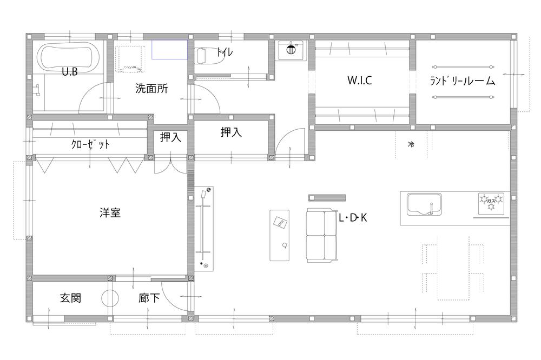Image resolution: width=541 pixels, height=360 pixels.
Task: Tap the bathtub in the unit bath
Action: coord(69,56)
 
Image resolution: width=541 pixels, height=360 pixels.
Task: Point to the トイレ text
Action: coord(225,53)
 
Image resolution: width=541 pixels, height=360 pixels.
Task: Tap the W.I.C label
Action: coord(359,81)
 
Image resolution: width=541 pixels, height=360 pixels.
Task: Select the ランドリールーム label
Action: coord(463,81)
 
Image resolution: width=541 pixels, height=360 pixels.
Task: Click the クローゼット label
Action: coord(90,144)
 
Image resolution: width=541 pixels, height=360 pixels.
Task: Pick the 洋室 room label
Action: coord(110,213)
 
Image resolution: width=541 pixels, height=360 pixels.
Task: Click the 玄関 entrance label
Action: coord(70,298)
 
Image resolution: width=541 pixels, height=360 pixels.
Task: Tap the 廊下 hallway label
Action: coord(149,298)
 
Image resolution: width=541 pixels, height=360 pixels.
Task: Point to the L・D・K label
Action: coord(353,218)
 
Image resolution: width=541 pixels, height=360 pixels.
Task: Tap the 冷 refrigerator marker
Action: coord(411,144)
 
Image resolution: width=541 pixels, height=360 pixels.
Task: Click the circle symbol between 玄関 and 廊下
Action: coord(109,297)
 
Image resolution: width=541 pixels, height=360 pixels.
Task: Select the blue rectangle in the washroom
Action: coord(169,49)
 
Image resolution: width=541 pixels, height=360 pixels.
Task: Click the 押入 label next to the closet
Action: coord(170,138)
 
